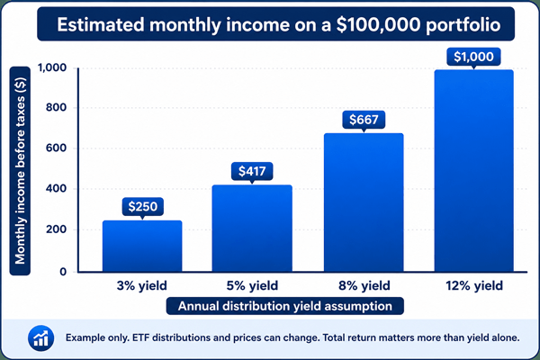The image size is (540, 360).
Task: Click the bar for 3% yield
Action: point(142,246)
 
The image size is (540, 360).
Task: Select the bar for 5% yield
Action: point(252,229)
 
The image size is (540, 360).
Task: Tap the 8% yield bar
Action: point(364,202)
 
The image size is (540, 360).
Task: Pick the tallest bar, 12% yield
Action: point(474,171)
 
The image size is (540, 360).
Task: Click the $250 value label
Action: point(142,207)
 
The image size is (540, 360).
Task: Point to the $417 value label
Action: point(252,171)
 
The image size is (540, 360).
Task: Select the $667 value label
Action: point(364,120)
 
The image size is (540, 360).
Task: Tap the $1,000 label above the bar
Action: point(473,57)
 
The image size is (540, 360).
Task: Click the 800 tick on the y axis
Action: point(57,107)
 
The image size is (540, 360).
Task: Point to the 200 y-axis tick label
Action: point(57,229)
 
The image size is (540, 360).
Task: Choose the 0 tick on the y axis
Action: point(63,272)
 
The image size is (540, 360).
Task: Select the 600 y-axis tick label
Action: point(57,148)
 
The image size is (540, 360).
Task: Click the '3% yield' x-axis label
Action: point(142,285)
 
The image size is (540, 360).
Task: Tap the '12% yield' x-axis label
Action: point(474,285)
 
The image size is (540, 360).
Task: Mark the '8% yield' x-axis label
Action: point(364,285)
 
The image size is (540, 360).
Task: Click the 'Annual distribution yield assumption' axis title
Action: point(285,306)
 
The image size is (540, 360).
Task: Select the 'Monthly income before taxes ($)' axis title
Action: point(20,171)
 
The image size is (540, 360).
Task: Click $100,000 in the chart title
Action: point(378,25)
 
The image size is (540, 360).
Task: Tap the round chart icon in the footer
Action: point(41,338)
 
